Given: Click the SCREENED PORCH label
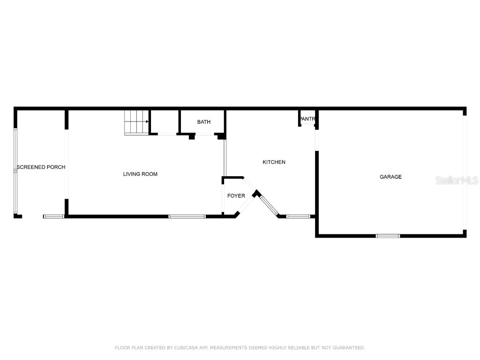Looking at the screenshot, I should pyautogui.click(x=41, y=167).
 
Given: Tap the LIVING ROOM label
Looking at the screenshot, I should pyautogui.click(x=140, y=174).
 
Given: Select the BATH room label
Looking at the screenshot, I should pyautogui.click(x=204, y=122).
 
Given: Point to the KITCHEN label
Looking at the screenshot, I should pyautogui.click(x=274, y=162).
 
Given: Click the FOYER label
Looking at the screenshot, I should pyautogui.click(x=236, y=196).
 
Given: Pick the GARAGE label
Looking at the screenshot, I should pyautogui.click(x=390, y=177).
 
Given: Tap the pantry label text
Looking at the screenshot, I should pyautogui.click(x=308, y=119).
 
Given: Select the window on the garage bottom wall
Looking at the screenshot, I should pyautogui.click(x=388, y=236).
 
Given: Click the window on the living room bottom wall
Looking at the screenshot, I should pyautogui.click(x=187, y=217).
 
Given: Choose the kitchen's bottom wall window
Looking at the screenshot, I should pyautogui.click(x=298, y=217).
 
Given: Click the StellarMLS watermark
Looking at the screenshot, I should pyautogui.click(x=456, y=180).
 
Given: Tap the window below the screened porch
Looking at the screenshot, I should pyautogui.click(x=53, y=217).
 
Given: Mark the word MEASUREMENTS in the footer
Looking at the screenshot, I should pyautogui.click(x=232, y=348).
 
